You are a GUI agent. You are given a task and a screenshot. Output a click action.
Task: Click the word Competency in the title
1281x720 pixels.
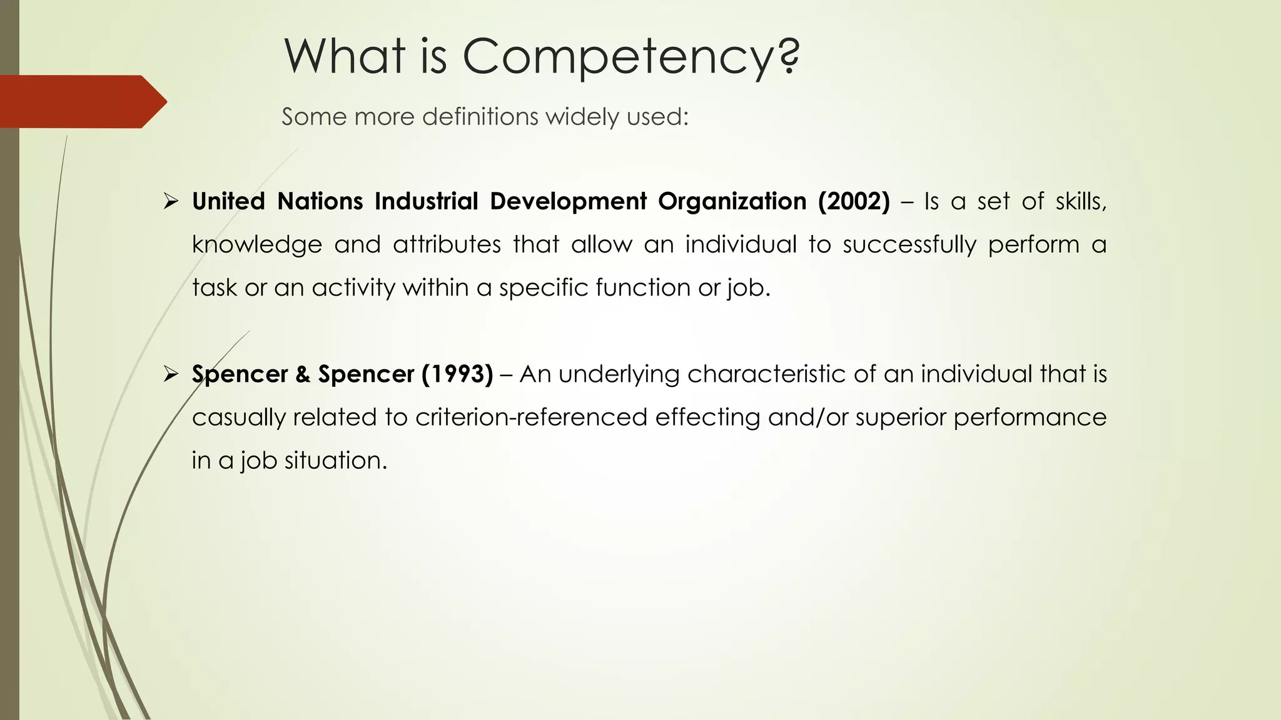click(x=630, y=57)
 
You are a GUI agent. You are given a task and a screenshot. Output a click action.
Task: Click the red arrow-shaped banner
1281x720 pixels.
click(x=81, y=102)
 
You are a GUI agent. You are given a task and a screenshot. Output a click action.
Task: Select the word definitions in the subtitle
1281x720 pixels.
click(x=480, y=117)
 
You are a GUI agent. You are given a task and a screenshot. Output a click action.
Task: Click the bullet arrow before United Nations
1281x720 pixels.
click(x=171, y=201)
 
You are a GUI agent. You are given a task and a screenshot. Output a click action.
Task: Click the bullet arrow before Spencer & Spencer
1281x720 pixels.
click(x=171, y=374)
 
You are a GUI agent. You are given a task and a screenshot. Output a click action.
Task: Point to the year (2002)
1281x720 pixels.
click(x=853, y=201)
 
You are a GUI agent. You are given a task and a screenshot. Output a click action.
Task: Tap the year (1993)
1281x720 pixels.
click(x=457, y=374)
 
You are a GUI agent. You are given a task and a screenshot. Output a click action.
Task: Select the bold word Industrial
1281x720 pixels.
click(x=426, y=201)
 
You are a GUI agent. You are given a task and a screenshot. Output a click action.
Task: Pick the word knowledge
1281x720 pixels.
click(x=256, y=244)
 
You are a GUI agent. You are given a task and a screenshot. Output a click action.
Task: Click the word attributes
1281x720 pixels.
click(x=447, y=244)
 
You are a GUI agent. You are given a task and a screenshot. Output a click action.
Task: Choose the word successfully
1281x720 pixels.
click(x=909, y=244)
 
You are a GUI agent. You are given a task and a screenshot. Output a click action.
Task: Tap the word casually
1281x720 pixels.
click(x=238, y=417)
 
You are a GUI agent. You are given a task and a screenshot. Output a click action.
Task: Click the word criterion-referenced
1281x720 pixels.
click(x=530, y=417)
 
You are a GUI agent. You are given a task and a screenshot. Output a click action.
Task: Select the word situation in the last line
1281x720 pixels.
click(x=336, y=461)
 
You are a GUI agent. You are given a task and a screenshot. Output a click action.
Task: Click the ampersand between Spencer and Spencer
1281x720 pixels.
click(x=303, y=374)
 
